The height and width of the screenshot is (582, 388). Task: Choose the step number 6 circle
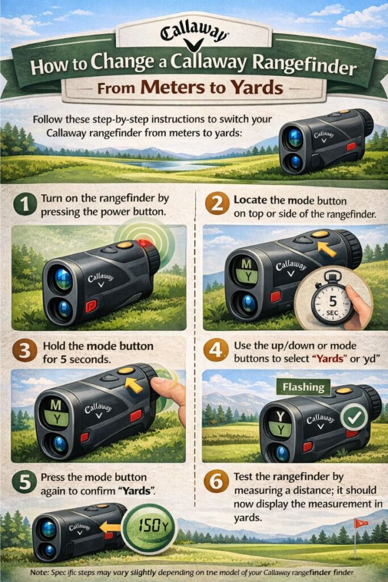217,483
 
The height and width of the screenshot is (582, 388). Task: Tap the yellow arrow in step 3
133,386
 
